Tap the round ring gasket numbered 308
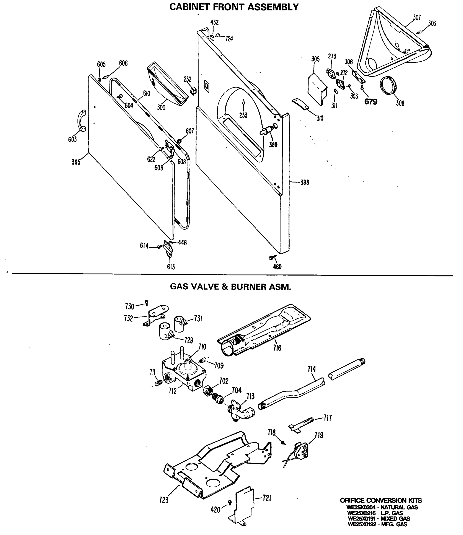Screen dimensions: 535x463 coord(388,85)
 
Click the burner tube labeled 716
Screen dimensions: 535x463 coord(264,331)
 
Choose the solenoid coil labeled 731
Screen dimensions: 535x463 coord(180,324)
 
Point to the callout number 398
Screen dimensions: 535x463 coord(304,182)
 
